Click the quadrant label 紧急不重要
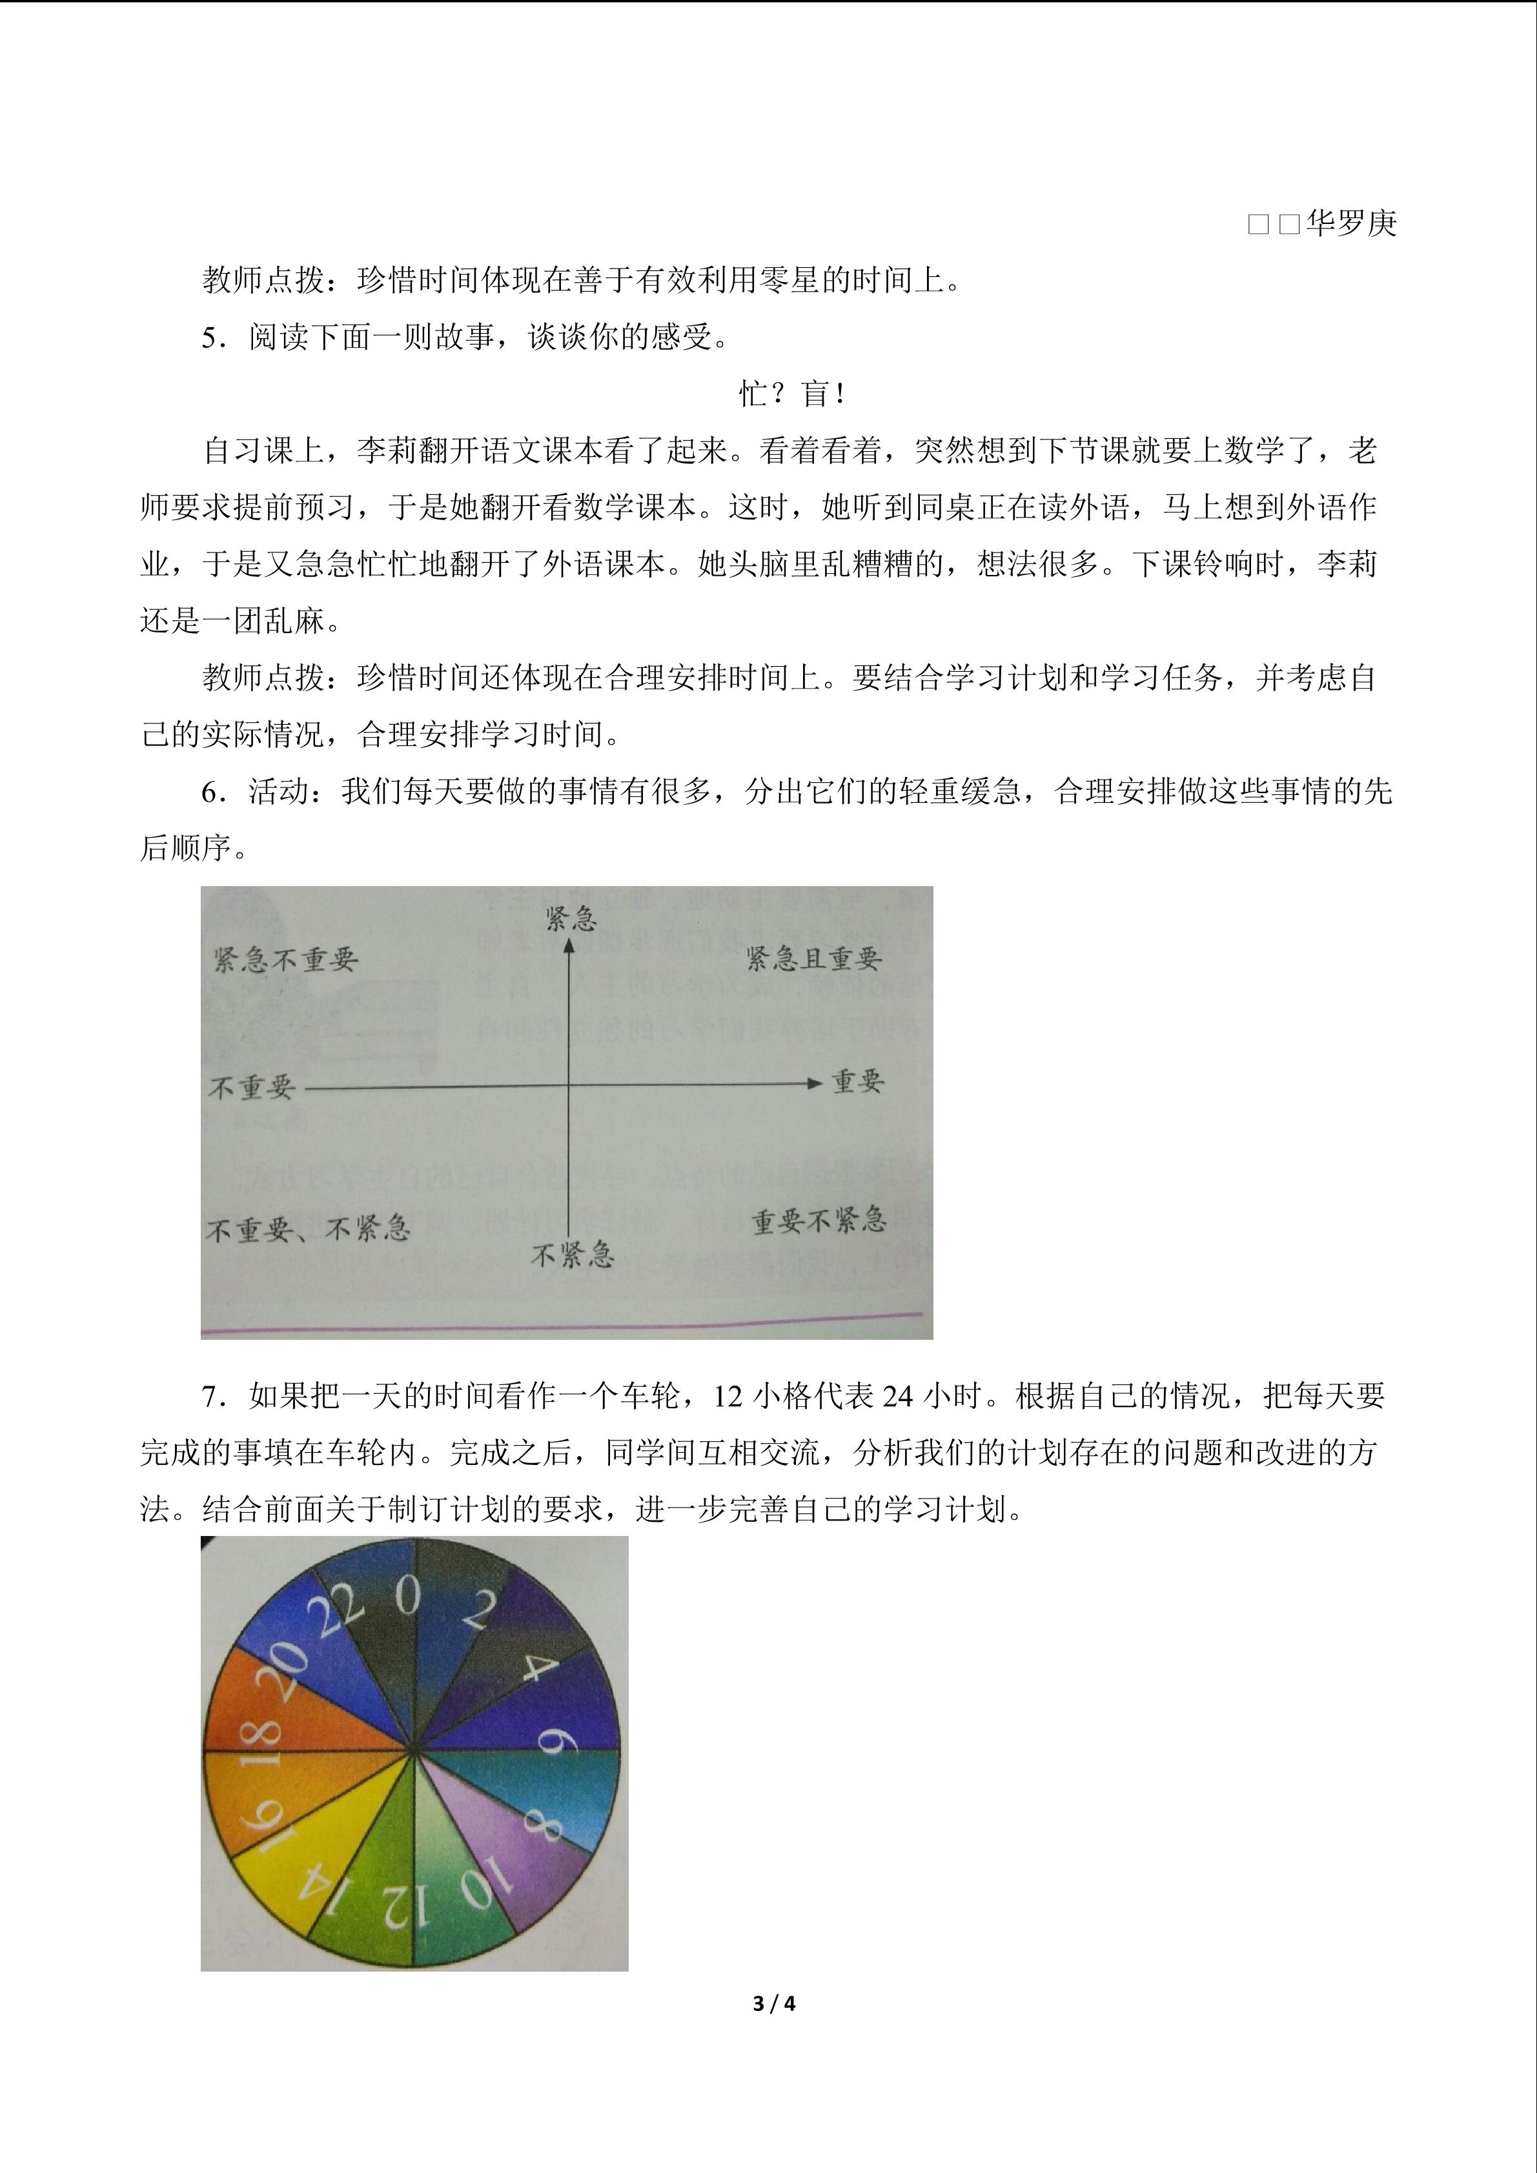(x=286, y=960)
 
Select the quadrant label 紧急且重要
(x=814, y=959)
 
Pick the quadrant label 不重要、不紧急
(x=307, y=1229)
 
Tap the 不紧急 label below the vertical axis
(x=573, y=1255)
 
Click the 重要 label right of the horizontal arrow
(x=857, y=1081)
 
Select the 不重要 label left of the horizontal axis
(x=252, y=1087)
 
